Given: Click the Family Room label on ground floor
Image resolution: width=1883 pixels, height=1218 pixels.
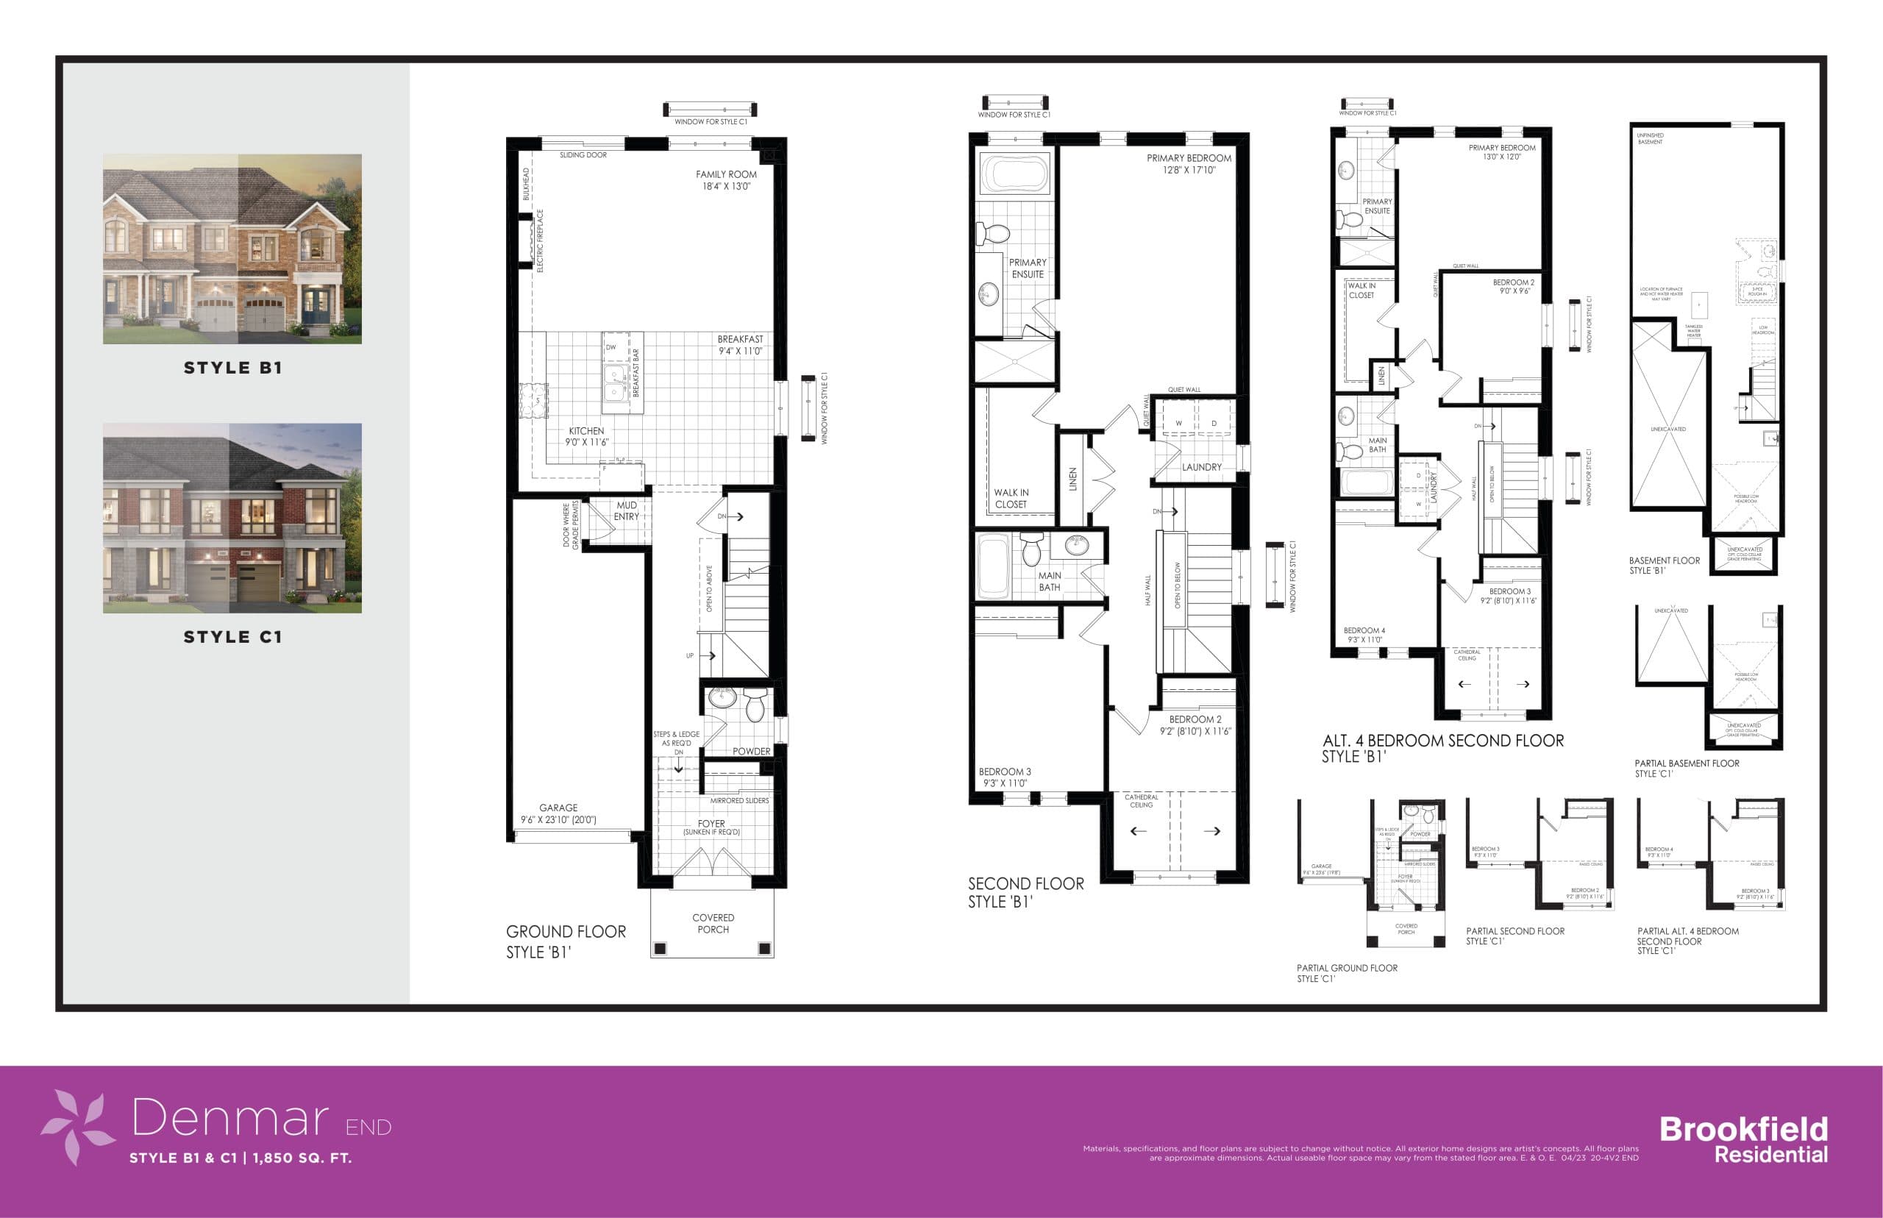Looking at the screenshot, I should [x=725, y=180].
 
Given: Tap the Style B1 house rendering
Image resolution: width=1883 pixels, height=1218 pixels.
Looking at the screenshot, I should [x=232, y=249].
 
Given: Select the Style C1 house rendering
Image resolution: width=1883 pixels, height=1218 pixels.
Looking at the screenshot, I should [x=232, y=518].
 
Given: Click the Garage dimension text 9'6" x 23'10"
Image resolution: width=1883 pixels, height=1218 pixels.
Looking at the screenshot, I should [x=558, y=820].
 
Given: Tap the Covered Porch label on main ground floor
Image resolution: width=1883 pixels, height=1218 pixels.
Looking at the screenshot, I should [x=713, y=924].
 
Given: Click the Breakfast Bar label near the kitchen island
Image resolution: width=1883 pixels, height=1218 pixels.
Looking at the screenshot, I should [x=636, y=372].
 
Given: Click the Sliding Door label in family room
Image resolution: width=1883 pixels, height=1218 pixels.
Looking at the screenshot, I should [x=583, y=155].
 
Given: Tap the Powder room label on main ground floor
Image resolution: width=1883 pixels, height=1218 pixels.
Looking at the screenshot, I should [x=750, y=752].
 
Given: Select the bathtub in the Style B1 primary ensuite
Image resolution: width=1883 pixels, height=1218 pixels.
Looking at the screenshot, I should [x=1014, y=172].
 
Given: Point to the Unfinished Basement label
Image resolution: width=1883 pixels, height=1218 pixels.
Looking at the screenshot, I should [x=1651, y=138].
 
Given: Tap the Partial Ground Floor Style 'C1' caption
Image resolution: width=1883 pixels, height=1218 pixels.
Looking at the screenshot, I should [x=1347, y=973].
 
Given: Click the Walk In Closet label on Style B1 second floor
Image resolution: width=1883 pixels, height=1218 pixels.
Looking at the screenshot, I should [x=1011, y=498].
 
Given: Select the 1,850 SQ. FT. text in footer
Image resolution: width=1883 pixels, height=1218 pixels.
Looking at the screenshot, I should [x=302, y=1158].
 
